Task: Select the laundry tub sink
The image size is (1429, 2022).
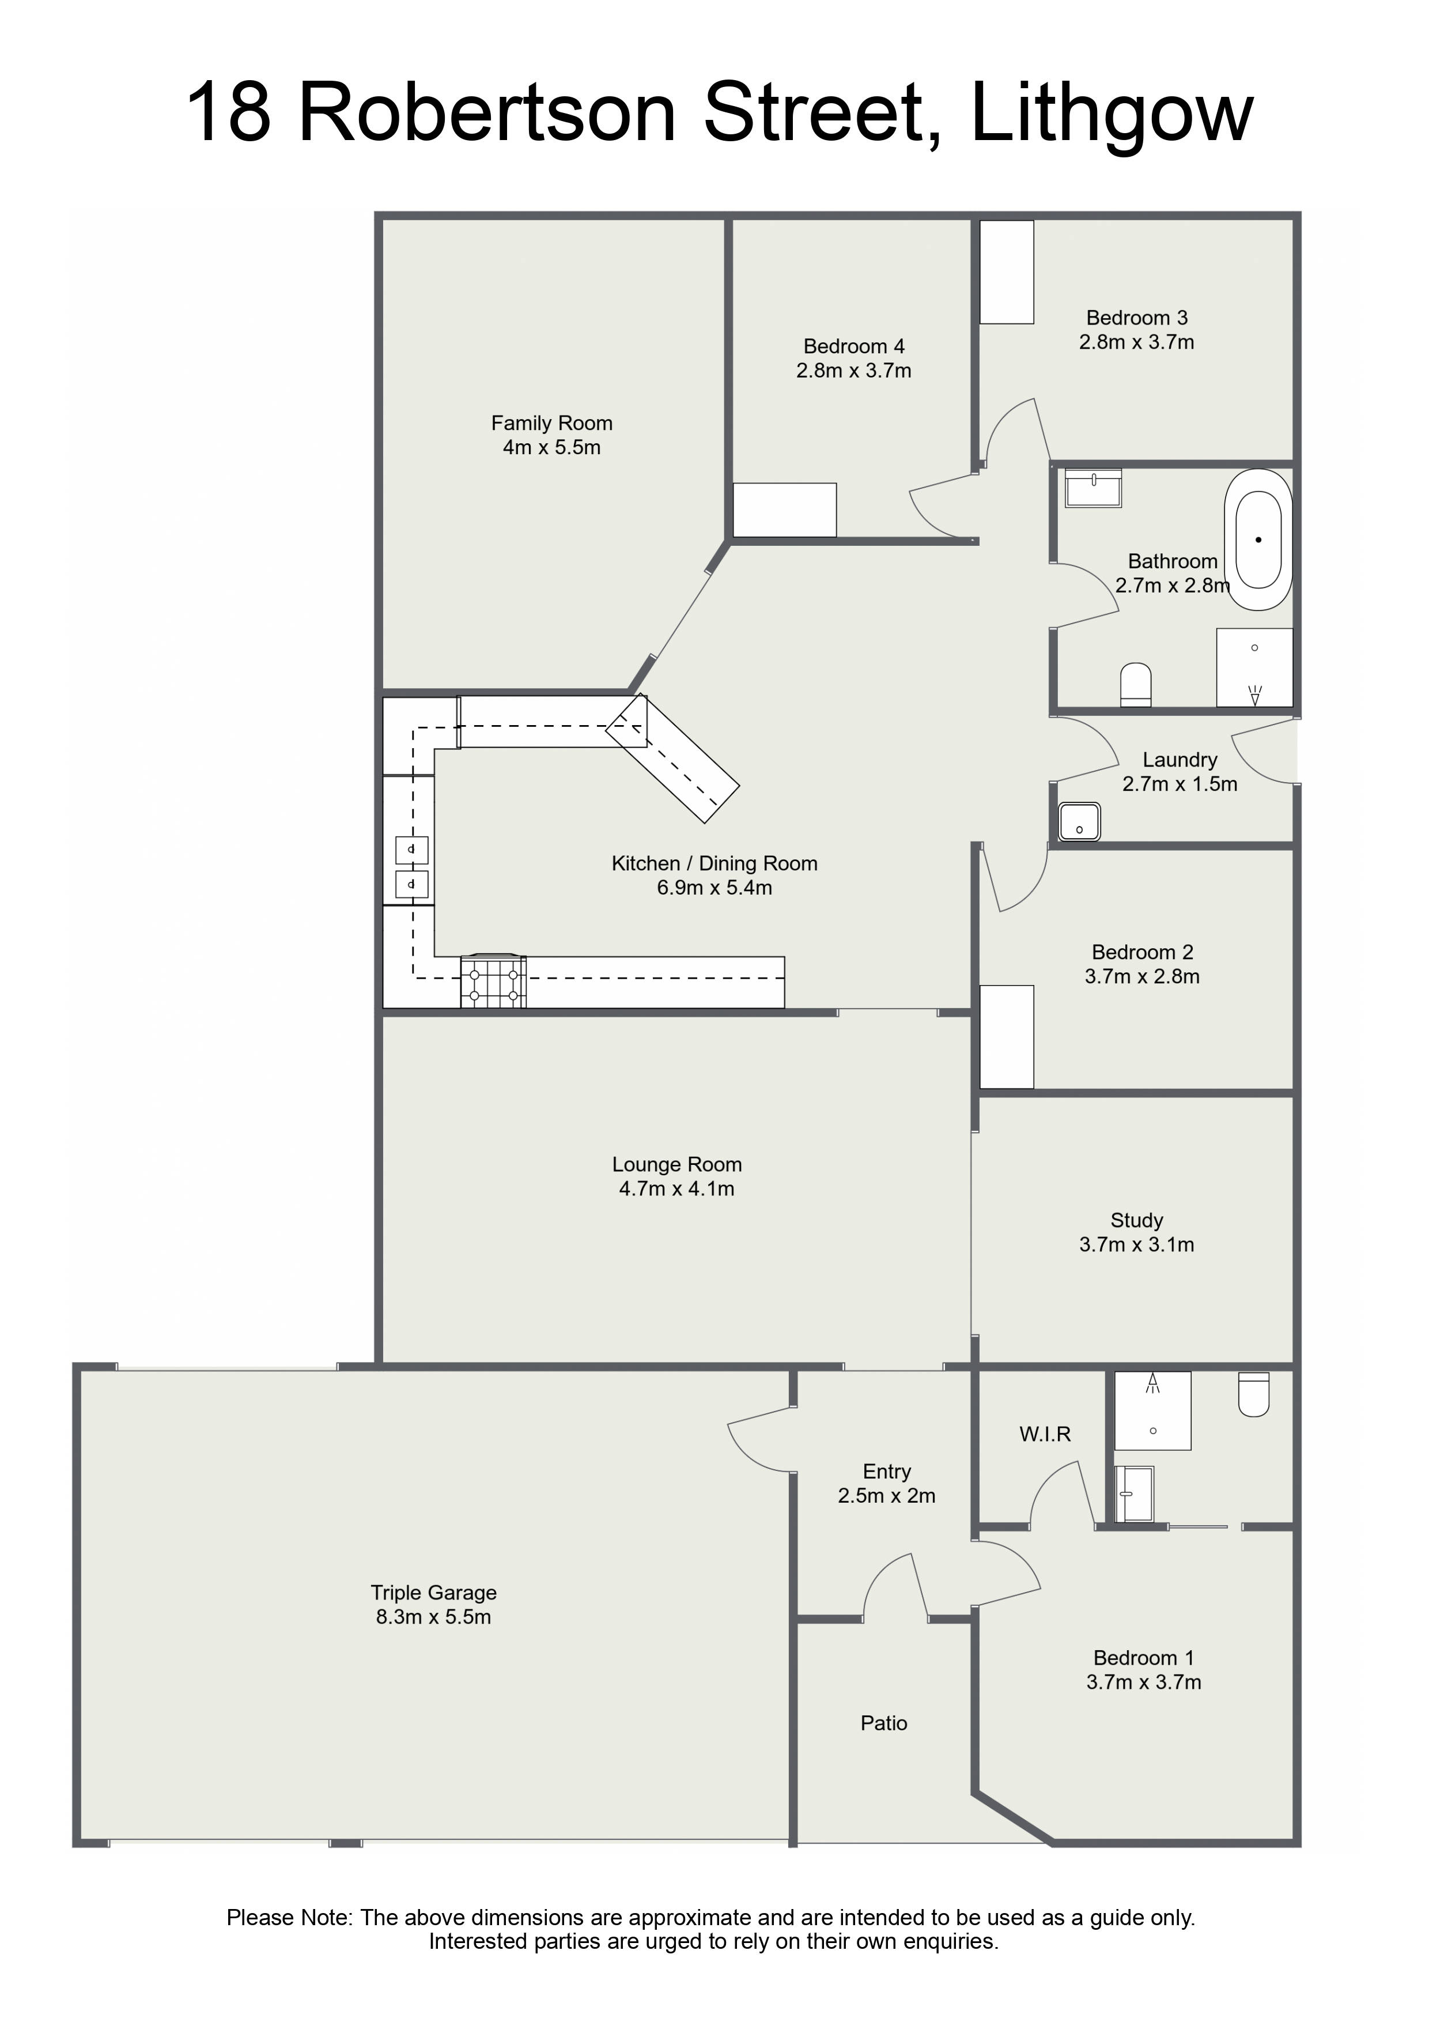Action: click(x=1079, y=822)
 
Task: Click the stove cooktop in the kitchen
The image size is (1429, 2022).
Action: click(x=493, y=981)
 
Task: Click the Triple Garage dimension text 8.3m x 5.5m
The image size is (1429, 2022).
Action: click(x=433, y=1617)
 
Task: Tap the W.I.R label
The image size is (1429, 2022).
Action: click(x=1045, y=1435)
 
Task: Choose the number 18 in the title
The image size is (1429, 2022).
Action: click(x=228, y=111)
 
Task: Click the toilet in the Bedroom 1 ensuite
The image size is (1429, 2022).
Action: click(x=1254, y=1394)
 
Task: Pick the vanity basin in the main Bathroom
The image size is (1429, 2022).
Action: click(x=1094, y=488)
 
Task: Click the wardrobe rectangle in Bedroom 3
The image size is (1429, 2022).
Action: click(x=1007, y=271)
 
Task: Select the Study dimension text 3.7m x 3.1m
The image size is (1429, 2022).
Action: click(x=1137, y=1244)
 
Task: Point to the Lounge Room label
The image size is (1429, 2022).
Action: click(x=677, y=1164)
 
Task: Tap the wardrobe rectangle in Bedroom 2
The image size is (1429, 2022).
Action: click(x=1007, y=1036)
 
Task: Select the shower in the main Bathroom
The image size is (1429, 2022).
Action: click(x=1254, y=667)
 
